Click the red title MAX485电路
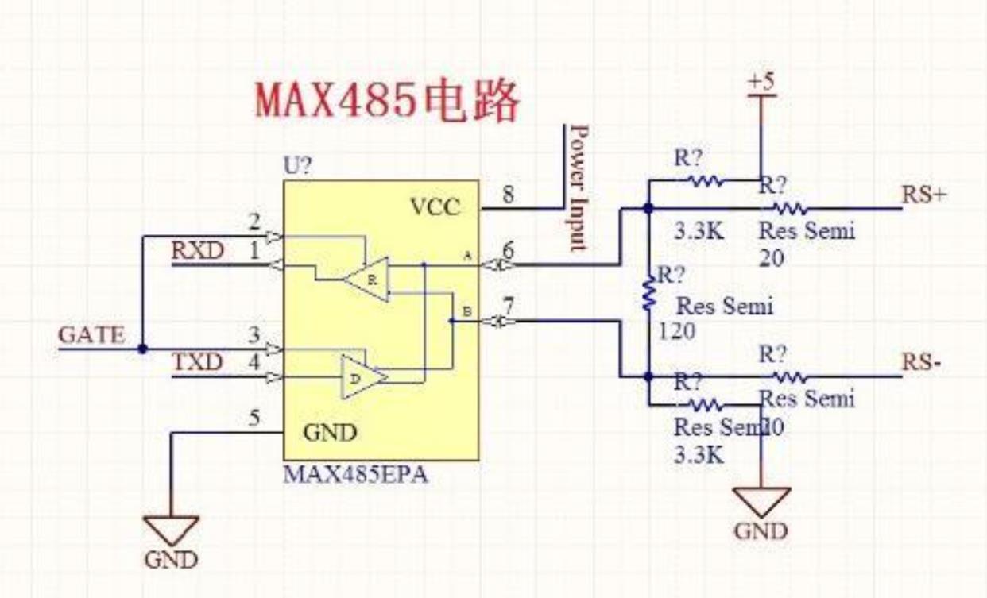[x=387, y=100]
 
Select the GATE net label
[x=91, y=335]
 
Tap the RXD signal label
[x=197, y=250]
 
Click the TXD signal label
[x=197, y=363]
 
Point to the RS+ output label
[x=924, y=195]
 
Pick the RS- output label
[x=922, y=362]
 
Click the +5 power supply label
[x=761, y=82]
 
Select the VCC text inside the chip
[x=435, y=207]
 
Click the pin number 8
[x=508, y=194]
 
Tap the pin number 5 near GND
[x=254, y=419]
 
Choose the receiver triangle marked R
[x=367, y=279]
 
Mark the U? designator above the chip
[x=299, y=168]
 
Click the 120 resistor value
[x=676, y=332]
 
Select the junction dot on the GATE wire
[x=142, y=349]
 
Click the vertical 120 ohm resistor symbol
[x=649, y=293]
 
